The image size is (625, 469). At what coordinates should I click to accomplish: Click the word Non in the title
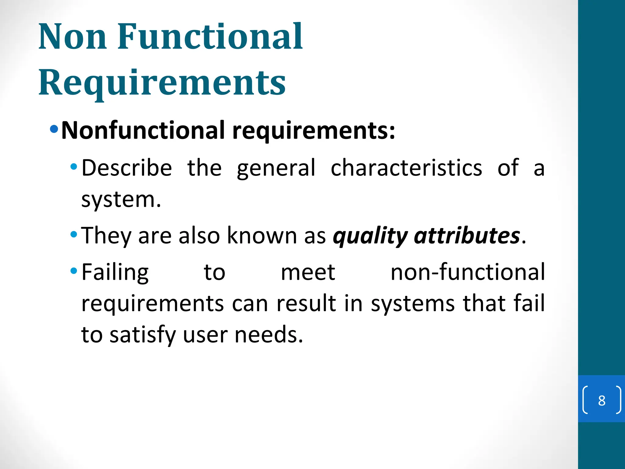point(73,37)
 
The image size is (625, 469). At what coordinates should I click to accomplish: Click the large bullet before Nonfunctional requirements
point(54,129)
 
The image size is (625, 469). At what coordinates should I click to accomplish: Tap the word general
point(276,169)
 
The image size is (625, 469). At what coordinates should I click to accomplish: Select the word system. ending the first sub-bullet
point(121,200)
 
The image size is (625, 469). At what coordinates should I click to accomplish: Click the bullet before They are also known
point(74,234)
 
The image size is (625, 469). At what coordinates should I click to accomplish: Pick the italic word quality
point(370,236)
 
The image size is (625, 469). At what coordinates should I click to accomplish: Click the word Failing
point(115,273)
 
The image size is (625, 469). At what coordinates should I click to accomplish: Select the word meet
point(308,272)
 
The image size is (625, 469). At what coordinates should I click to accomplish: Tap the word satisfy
point(143,335)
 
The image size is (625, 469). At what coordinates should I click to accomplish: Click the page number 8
point(602,400)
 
